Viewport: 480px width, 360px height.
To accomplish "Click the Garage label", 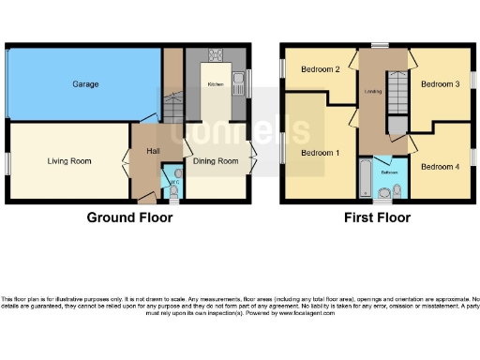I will pyautogui.click(x=85, y=84).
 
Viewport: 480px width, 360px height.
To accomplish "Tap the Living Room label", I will pyautogui.click(x=69, y=161).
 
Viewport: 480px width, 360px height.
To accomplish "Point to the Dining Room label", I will pyautogui.click(x=216, y=161).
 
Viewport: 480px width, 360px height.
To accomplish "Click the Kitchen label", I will pyautogui.click(x=216, y=84).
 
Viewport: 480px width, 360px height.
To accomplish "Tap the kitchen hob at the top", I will pyautogui.click(x=216, y=54).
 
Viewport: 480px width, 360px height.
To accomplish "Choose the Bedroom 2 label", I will pyautogui.click(x=320, y=69).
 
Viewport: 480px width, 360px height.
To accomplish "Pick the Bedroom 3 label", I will pyautogui.click(x=439, y=84).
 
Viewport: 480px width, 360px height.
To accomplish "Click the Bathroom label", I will pyautogui.click(x=389, y=172).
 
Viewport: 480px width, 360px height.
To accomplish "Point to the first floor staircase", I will pyautogui.click(x=397, y=95).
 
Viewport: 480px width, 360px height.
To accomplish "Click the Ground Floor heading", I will pyautogui.click(x=129, y=217).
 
